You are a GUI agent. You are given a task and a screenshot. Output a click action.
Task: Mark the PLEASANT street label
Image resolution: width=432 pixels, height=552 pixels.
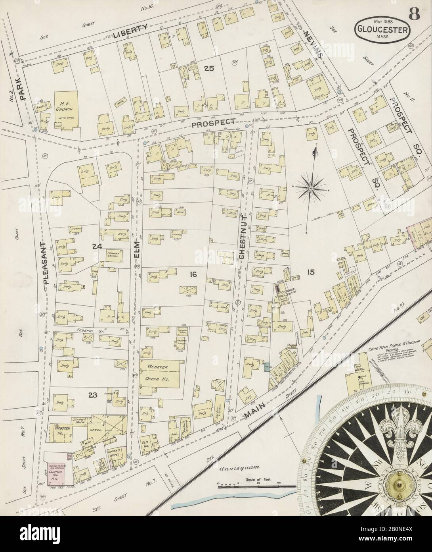(44, 262)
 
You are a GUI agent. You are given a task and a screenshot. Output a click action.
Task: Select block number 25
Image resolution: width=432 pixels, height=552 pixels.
(209, 68)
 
